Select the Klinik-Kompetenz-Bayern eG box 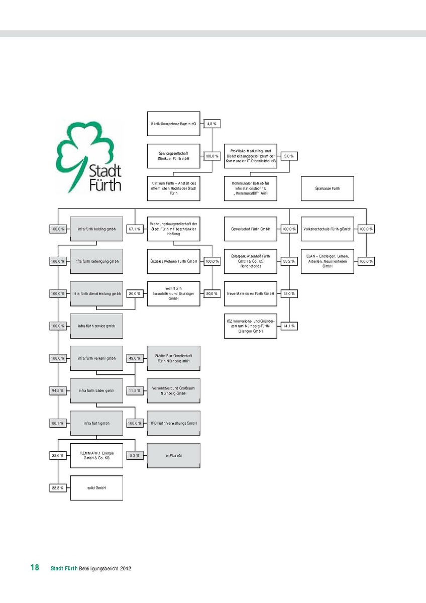(x=173, y=124)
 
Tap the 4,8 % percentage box (x=212, y=124)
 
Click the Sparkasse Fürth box (x=328, y=188)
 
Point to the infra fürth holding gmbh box (x=96, y=229)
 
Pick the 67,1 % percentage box (x=135, y=229)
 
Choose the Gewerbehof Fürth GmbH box (x=251, y=229)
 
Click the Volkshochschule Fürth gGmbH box (x=328, y=229)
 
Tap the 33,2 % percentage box (x=288, y=261)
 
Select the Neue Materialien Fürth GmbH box (x=251, y=293)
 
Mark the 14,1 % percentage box (x=288, y=326)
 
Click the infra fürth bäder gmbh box (x=96, y=390)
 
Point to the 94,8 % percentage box (x=58, y=390)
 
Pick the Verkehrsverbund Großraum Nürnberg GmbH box (x=173, y=390)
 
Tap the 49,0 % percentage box (x=135, y=358)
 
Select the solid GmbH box (x=96, y=488)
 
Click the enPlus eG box (x=173, y=455)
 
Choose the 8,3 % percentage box (x=135, y=455)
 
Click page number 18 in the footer (x=35, y=568)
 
